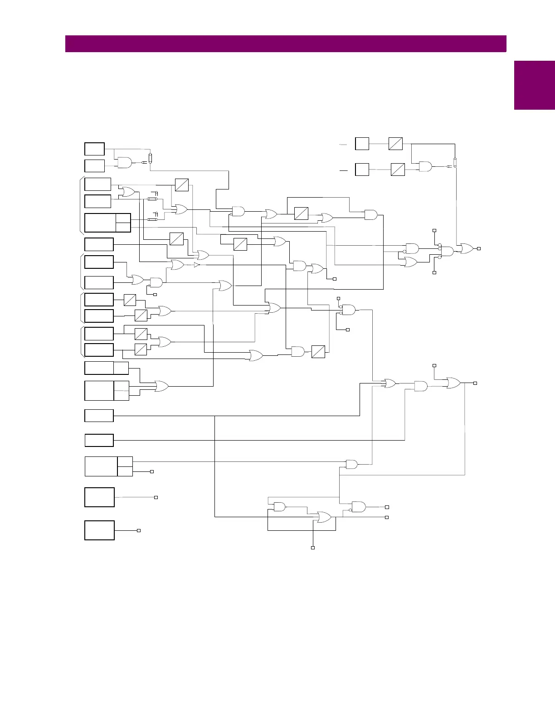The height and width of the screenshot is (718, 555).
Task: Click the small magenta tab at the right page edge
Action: click(x=534, y=85)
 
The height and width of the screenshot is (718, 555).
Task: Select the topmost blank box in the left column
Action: click(x=95, y=149)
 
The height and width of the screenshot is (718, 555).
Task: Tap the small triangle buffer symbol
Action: click(x=196, y=265)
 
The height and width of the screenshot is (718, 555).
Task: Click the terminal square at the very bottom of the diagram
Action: click(x=312, y=548)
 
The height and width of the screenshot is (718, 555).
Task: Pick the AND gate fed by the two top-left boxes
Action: click(x=124, y=163)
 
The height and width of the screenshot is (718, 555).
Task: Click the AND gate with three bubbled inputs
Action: click(x=447, y=251)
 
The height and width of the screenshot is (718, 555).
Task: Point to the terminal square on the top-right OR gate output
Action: click(x=479, y=248)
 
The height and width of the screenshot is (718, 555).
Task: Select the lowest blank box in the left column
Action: click(x=99, y=530)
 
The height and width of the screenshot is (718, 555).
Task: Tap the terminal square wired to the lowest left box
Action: click(x=139, y=530)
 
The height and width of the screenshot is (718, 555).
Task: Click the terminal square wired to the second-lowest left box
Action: click(x=156, y=497)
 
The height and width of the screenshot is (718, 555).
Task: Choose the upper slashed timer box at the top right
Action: click(x=395, y=144)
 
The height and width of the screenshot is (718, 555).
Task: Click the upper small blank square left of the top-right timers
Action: click(x=362, y=144)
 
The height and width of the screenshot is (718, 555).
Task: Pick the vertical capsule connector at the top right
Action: click(x=455, y=163)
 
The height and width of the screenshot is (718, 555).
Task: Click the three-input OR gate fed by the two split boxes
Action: click(x=161, y=386)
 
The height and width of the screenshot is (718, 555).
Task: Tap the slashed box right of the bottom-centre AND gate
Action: click(x=318, y=352)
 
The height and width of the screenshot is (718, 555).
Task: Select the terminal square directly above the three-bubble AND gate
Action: click(x=434, y=231)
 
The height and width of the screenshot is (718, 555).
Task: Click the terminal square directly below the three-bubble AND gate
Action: click(x=434, y=272)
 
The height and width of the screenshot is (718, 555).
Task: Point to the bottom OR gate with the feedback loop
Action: click(x=324, y=517)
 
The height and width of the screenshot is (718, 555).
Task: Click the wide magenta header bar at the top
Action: click(x=286, y=44)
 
